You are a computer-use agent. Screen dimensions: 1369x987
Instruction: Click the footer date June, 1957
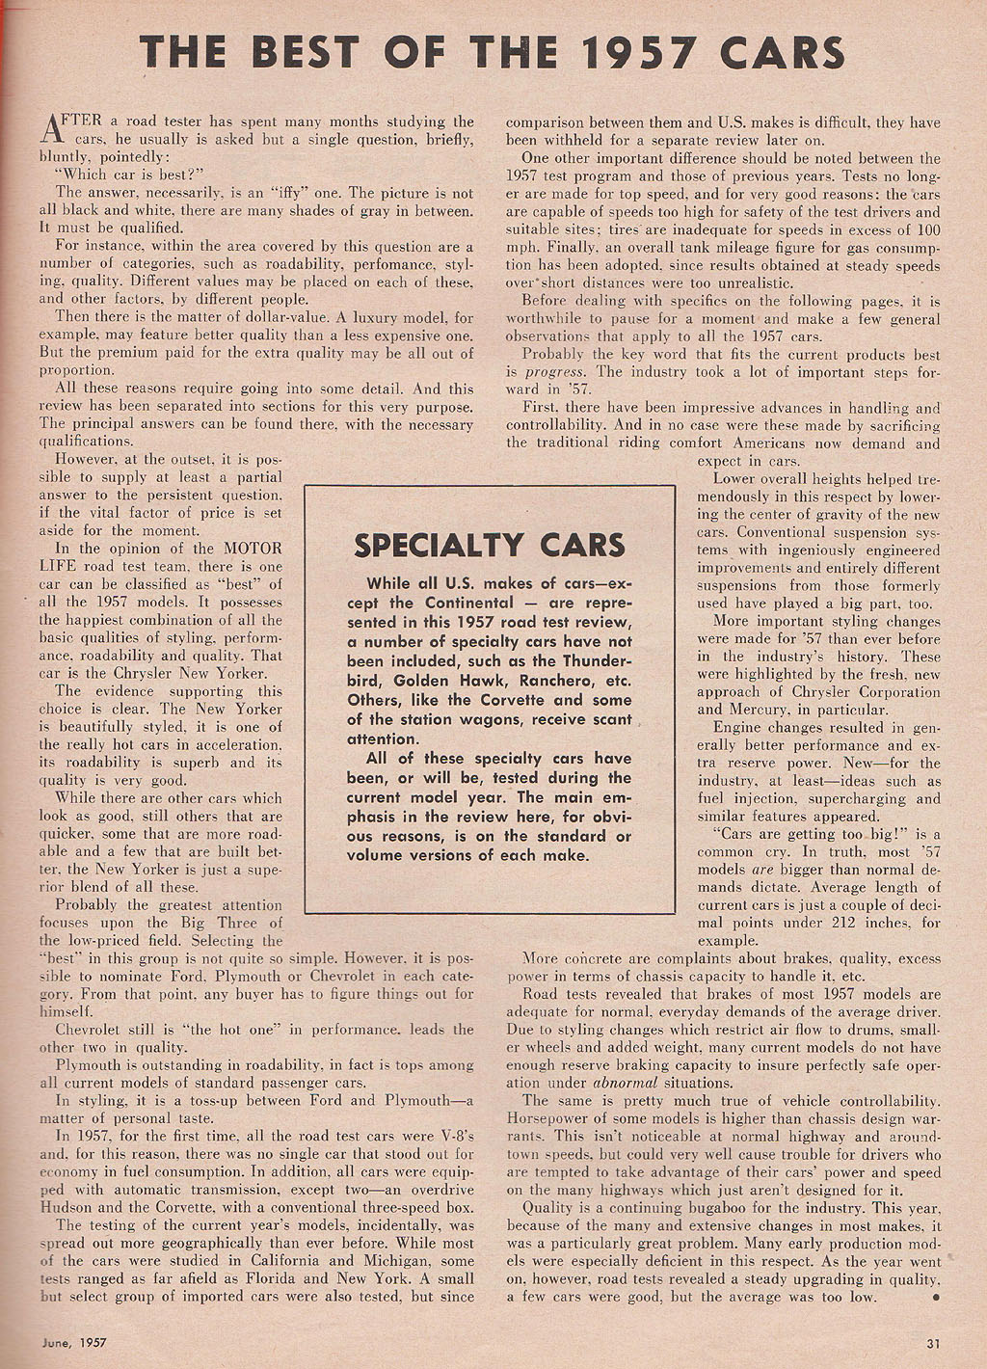tap(73, 1341)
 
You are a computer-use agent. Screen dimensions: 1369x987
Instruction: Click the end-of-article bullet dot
tap(936, 1297)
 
